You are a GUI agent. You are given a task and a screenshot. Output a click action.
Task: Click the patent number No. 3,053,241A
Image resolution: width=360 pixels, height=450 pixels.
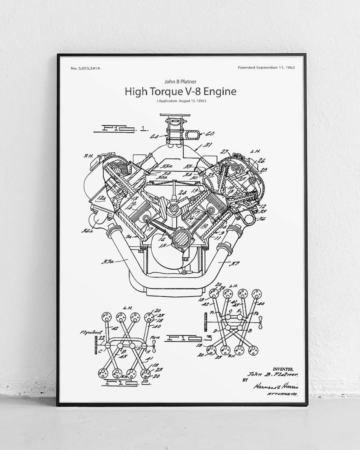point(86,68)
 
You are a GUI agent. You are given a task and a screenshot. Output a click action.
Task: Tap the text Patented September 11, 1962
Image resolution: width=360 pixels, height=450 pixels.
point(266,68)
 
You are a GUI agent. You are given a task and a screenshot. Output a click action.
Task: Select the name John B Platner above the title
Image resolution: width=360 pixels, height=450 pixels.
point(180,82)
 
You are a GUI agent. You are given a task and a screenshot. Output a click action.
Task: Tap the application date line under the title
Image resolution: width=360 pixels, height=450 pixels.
point(182,101)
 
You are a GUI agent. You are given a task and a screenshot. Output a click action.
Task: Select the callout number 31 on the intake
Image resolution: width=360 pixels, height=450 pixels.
point(208,145)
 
